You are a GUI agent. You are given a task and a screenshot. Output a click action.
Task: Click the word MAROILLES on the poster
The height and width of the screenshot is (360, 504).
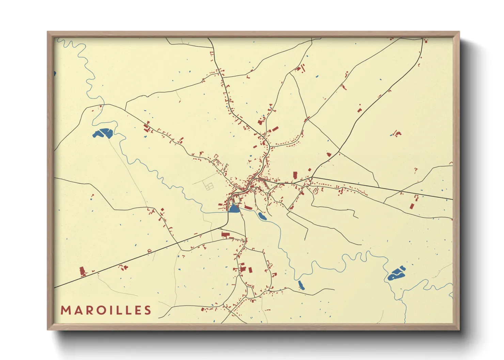106,310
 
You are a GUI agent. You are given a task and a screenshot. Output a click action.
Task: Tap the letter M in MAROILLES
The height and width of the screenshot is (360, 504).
65,310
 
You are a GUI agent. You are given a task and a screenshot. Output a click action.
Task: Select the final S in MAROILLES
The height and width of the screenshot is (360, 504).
147,310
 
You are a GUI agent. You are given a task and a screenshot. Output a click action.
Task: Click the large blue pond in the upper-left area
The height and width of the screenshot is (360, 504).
103,133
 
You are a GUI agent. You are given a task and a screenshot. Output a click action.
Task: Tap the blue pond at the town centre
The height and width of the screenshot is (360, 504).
234,209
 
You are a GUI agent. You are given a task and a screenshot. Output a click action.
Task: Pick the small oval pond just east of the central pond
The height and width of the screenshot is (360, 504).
262,216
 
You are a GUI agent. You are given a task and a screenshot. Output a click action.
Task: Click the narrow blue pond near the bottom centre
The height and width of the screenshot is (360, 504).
301,285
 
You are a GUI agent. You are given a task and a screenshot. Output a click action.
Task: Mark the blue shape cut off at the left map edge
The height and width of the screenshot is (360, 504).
55,73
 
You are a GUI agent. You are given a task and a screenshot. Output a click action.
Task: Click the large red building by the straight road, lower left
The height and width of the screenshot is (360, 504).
82,271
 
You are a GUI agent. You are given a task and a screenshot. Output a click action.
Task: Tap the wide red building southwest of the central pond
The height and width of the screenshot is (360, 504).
225,234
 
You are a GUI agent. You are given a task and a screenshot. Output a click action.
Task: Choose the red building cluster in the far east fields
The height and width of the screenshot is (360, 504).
397,133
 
